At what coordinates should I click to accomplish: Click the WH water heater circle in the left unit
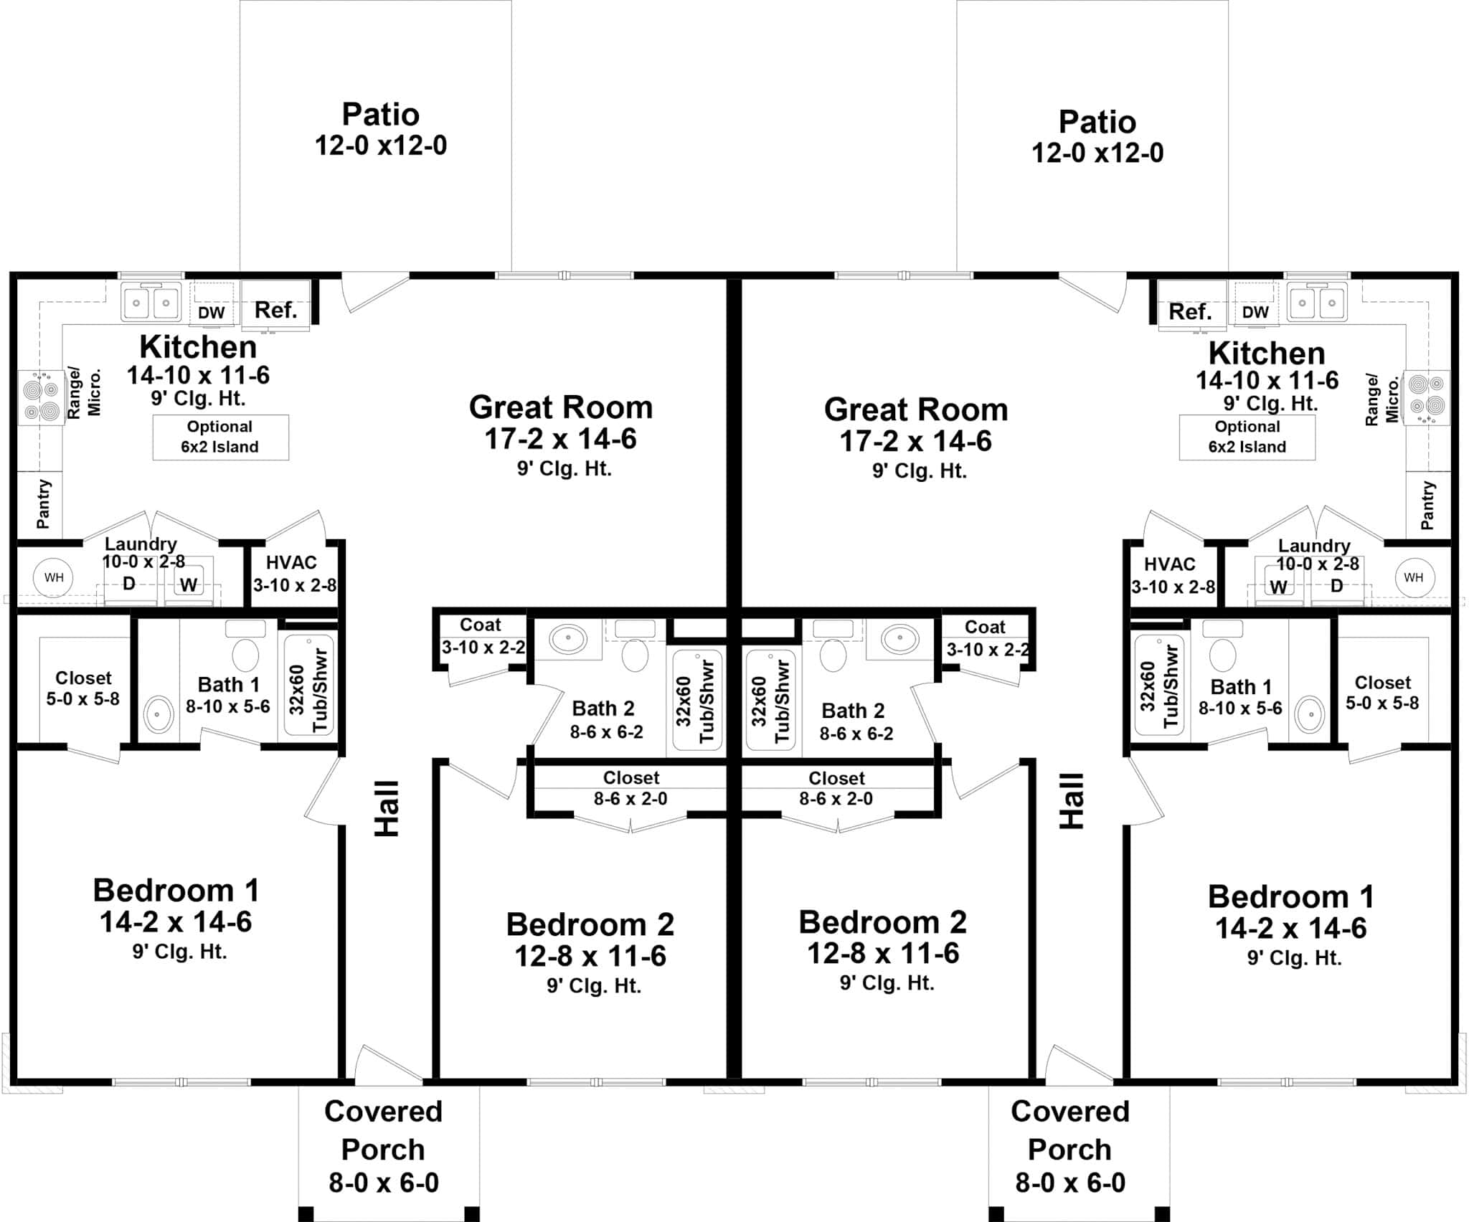(54, 577)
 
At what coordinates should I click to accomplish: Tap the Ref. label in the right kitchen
(1190, 311)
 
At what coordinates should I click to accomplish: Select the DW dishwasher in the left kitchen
(212, 312)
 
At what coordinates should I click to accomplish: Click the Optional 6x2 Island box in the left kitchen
(220, 437)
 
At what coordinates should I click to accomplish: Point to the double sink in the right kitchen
(1316, 303)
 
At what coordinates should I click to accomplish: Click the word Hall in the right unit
(1072, 801)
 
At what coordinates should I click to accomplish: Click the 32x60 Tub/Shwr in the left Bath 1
(309, 685)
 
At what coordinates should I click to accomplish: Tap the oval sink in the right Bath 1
(1310, 714)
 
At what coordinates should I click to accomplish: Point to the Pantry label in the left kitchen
(43, 504)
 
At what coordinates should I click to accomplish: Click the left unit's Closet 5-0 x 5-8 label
(83, 688)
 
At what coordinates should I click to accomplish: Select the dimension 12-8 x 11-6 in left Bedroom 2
(590, 956)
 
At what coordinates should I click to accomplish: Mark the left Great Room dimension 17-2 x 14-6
(560, 438)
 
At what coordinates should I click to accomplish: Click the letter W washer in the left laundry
(189, 585)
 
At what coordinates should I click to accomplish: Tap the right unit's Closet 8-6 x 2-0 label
(836, 788)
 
